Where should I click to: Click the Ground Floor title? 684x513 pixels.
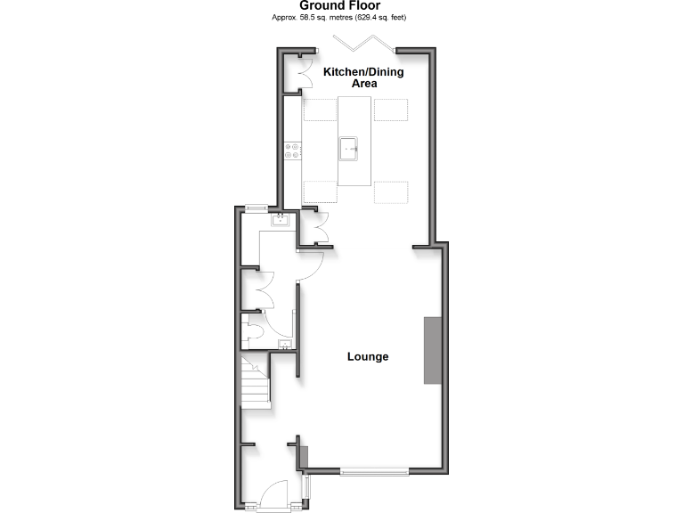(x=341, y=6)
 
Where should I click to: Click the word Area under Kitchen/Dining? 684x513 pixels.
(x=362, y=83)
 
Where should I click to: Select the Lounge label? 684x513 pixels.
(x=368, y=356)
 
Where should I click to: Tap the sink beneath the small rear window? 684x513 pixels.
(x=280, y=219)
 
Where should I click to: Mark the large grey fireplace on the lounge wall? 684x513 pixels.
(x=432, y=350)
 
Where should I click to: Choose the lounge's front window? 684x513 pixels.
(x=375, y=470)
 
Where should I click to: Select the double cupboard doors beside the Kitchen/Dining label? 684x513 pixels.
(x=305, y=76)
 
